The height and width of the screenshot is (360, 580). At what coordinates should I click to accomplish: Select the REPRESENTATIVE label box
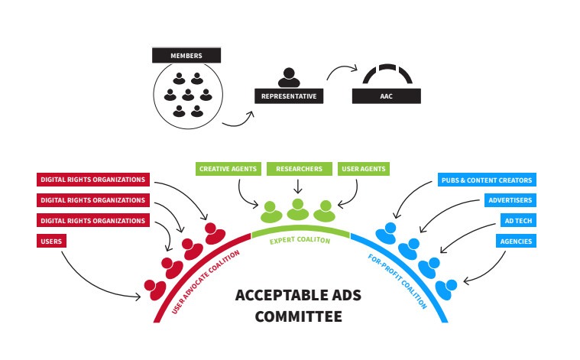tap(289, 96)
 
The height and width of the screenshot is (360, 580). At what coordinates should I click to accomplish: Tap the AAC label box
tap(387, 96)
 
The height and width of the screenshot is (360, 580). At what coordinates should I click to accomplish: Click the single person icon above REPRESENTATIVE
tap(288, 77)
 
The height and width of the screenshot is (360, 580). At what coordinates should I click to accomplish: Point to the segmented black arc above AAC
tap(387, 75)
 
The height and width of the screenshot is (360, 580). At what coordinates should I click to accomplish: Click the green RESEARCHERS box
tap(299, 168)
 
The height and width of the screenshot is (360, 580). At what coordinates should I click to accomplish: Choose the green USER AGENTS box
tap(363, 168)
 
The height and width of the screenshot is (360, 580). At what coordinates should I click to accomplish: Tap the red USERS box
tap(50, 241)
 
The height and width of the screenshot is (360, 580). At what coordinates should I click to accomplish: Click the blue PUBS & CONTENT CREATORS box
tap(487, 180)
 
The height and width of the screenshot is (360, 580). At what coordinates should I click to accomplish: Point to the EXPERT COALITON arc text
tap(300, 240)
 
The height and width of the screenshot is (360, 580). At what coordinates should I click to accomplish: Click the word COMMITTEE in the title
tap(299, 315)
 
